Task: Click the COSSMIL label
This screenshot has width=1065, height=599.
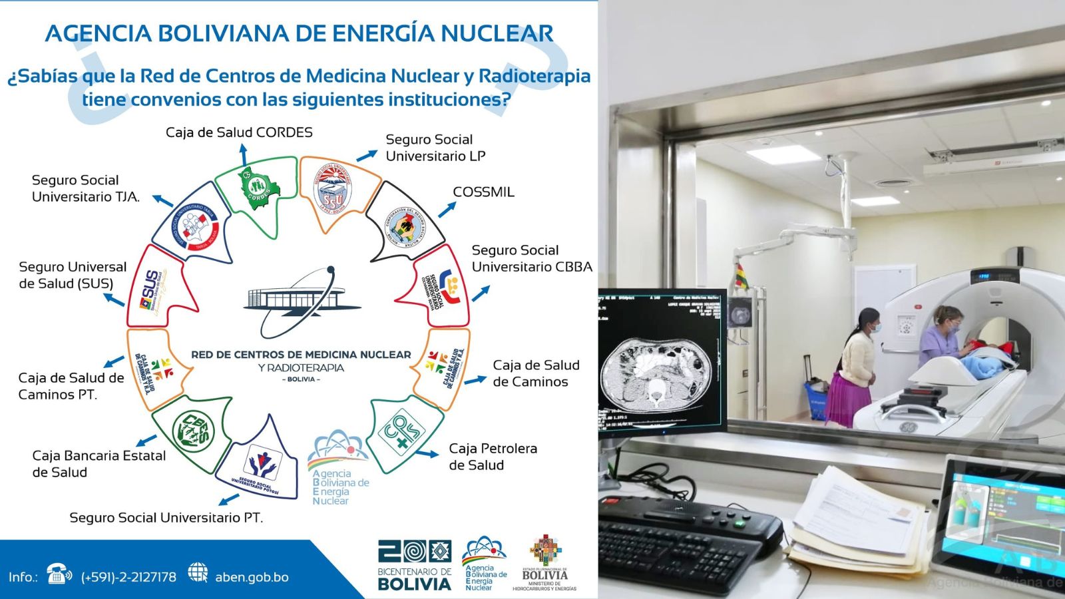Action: [483, 192]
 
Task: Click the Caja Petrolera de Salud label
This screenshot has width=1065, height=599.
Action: [493, 457]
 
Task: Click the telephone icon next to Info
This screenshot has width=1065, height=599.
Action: [59, 574]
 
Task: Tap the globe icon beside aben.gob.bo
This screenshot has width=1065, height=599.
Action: [198, 572]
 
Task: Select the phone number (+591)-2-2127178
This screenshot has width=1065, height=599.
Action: [128, 577]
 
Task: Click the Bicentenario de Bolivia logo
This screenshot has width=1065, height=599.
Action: [415, 565]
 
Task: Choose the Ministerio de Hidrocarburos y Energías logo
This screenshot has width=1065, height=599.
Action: [545, 563]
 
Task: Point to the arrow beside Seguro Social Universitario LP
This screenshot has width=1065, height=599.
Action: [366, 156]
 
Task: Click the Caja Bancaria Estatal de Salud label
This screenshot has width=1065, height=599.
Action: [99, 464]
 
